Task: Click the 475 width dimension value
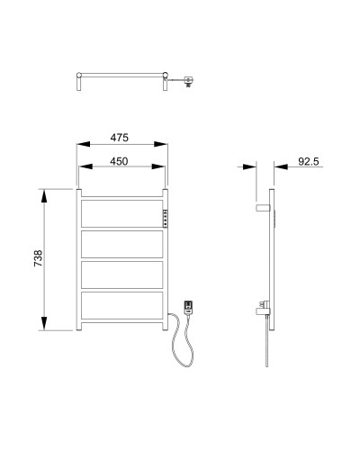(121, 138)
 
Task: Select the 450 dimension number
(121, 161)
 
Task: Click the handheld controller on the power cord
(189, 308)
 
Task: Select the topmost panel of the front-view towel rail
(122, 212)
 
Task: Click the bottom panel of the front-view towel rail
(122, 305)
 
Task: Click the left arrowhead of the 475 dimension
(82, 144)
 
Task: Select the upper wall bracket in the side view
(262, 208)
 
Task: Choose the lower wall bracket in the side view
(260, 309)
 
